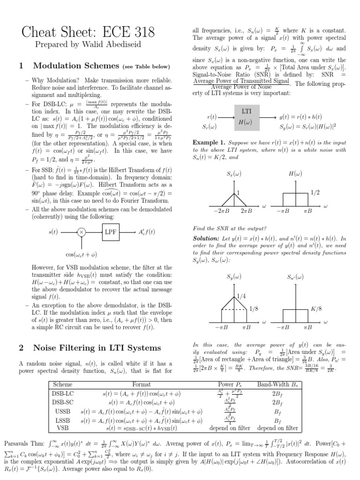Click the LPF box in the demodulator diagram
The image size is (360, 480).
point(111,232)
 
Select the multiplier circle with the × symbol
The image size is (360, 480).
point(81,232)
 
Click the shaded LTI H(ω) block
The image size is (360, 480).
point(246,118)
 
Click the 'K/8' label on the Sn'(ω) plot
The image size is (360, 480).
point(316,309)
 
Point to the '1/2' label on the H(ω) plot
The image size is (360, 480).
point(316,192)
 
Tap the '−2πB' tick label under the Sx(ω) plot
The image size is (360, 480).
point(221,211)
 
